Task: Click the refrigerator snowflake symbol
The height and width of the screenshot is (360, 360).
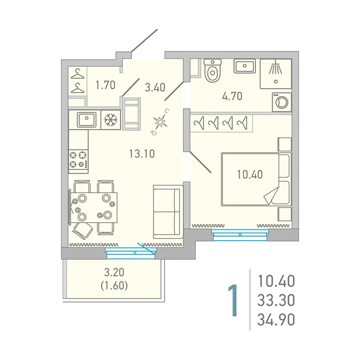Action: point(111,120)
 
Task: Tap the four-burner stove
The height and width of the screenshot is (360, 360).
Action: point(79,160)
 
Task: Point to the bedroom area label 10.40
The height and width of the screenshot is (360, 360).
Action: point(251,175)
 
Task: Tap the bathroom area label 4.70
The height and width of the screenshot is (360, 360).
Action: point(232,96)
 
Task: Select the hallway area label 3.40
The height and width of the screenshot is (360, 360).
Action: point(155,87)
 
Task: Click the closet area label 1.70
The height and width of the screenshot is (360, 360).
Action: point(105,86)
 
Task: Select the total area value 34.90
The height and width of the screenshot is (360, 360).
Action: point(276,319)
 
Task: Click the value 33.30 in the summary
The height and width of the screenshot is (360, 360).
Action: point(276,300)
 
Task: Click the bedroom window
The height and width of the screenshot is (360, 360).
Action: point(239,234)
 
